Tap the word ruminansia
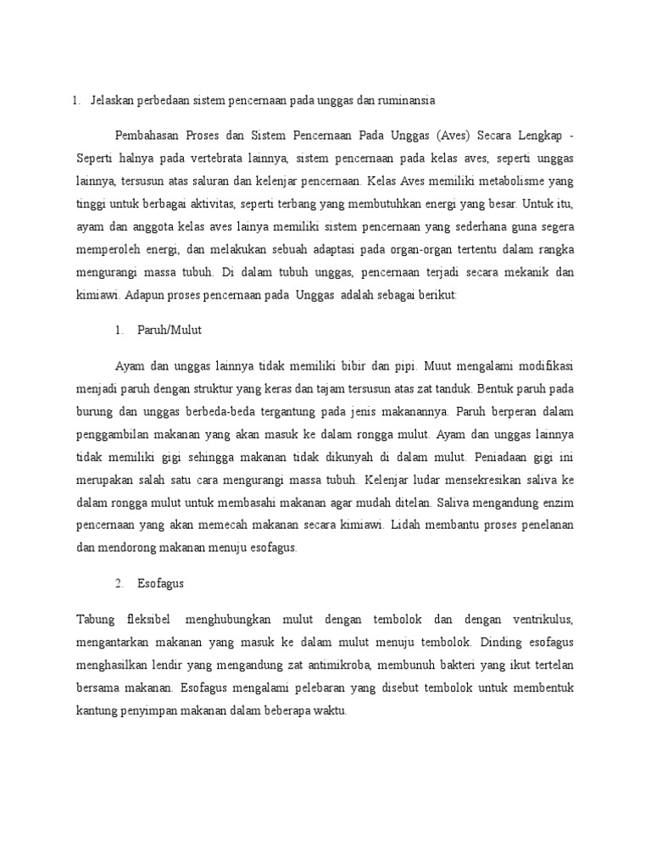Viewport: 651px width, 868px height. click(x=406, y=101)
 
